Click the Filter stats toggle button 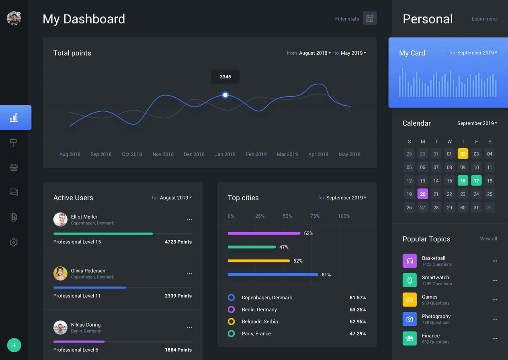(370, 18)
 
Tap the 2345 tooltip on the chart (225, 76)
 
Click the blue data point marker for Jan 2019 (225, 95)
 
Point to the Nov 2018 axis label (163, 154)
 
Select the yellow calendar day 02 (463, 154)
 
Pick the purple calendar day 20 (422, 194)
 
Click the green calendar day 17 (476, 181)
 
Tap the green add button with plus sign (14, 345)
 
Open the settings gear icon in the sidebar (14, 242)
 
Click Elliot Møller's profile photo (60, 219)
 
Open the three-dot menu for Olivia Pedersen (189, 274)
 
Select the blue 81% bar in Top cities (273, 274)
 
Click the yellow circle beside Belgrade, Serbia (231, 321)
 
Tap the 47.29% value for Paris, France (358, 333)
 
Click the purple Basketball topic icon (410, 261)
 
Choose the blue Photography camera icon (410, 319)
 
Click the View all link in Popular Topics (488, 239)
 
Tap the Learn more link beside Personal (484, 19)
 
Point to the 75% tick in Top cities (315, 216)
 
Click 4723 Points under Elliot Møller (178, 242)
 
